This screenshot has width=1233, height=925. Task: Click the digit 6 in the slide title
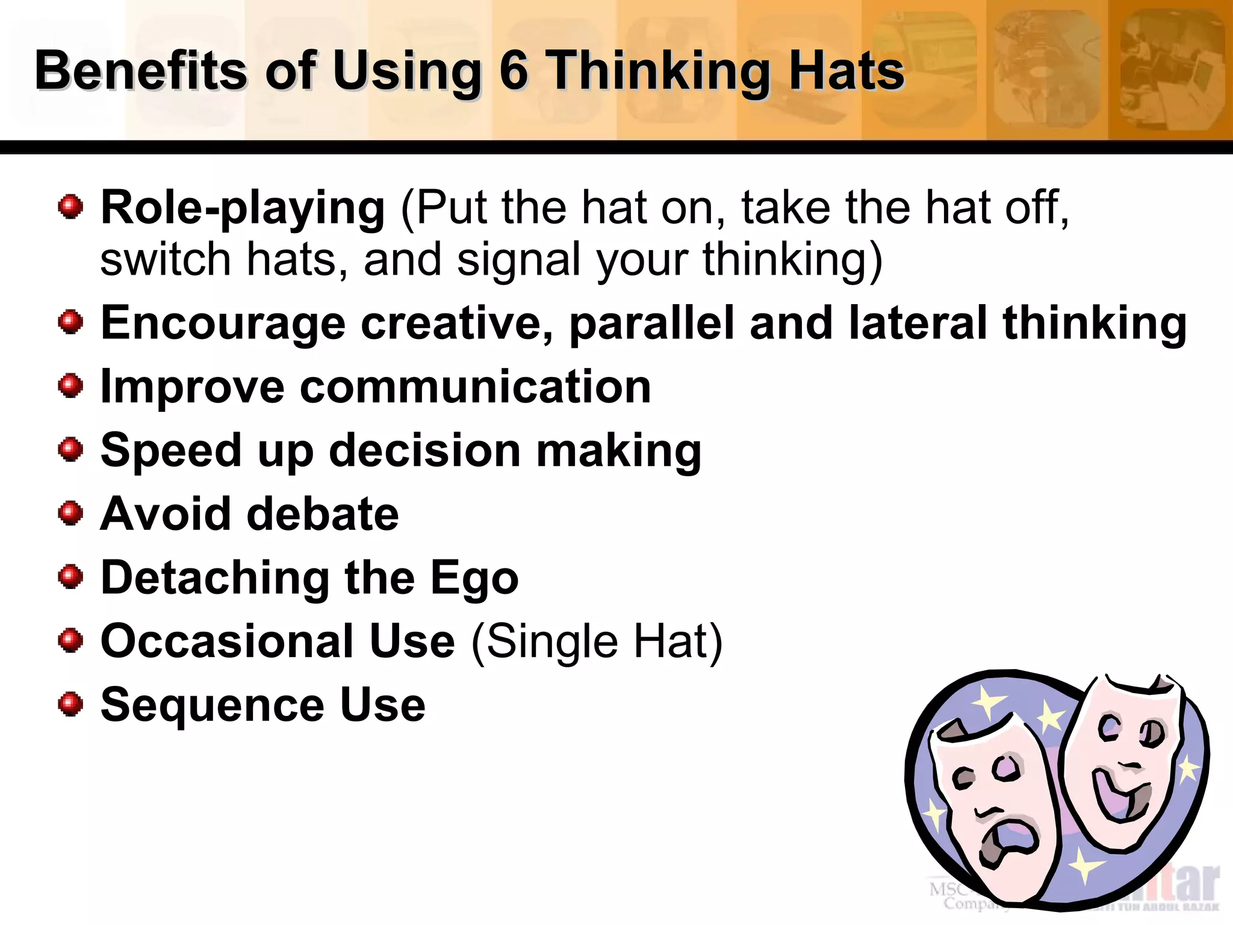tap(514, 71)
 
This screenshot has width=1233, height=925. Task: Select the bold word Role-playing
tap(242, 208)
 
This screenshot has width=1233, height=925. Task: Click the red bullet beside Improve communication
tap(71, 385)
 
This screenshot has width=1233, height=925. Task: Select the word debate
tap(323, 514)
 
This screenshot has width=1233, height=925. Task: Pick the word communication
tap(475, 387)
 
